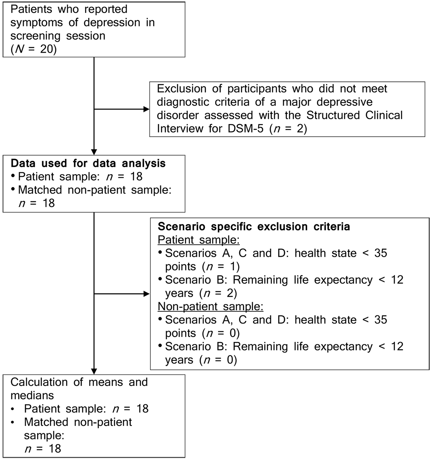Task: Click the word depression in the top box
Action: (x=112, y=23)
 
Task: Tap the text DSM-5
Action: (x=245, y=128)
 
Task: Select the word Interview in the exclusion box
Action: (x=180, y=128)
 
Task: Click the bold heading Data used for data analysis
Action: (x=88, y=163)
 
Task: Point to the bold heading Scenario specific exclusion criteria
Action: (x=254, y=226)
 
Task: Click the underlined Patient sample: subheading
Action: (x=199, y=240)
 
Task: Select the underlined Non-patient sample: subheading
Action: (x=211, y=306)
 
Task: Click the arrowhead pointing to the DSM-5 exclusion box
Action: (x=146, y=109)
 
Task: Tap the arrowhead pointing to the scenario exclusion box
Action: (x=146, y=294)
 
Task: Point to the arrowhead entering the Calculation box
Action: (x=94, y=371)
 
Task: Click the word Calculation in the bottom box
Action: (x=39, y=382)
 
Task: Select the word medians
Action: (x=32, y=396)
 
